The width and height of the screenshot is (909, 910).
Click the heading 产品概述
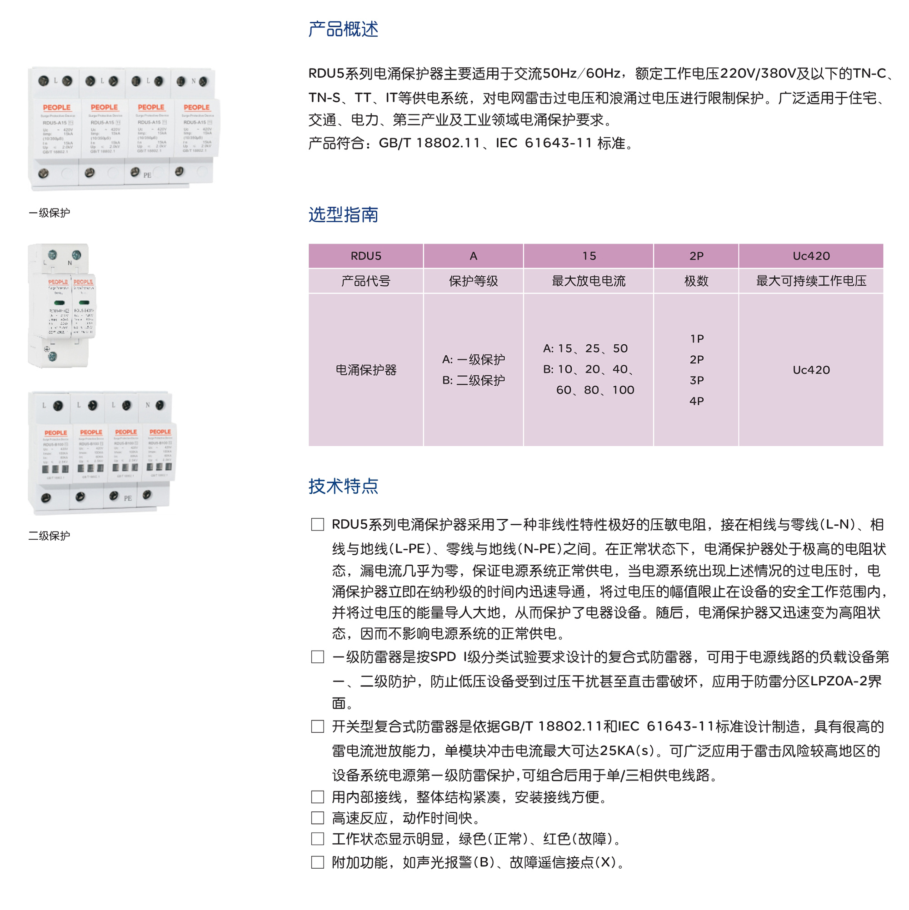[343, 29]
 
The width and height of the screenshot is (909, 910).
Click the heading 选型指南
[343, 214]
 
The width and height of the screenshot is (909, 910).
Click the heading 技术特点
[343, 486]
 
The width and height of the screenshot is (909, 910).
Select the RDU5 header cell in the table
[366, 256]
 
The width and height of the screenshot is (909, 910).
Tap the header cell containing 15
[589, 256]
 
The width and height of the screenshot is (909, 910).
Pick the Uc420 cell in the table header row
[810, 256]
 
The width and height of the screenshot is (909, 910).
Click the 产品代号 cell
[366, 281]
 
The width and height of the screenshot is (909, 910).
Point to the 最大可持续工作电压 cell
[810, 281]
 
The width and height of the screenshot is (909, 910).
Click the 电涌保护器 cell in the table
[366, 370]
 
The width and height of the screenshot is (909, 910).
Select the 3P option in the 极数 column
[696, 380]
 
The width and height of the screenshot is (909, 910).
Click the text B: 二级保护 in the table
[473, 380]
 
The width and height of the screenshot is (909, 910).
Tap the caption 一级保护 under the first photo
[49, 213]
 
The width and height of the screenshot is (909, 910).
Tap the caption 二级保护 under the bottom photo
[49, 536]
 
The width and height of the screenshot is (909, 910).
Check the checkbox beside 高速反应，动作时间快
[318, 818]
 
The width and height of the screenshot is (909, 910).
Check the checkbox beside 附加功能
[318, 862]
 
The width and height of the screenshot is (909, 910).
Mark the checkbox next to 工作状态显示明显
[318, 838]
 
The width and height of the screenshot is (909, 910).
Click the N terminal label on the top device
[193, 81]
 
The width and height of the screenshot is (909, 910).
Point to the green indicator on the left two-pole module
[60, 303]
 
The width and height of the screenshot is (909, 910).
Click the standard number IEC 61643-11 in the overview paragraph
[543, 143]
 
